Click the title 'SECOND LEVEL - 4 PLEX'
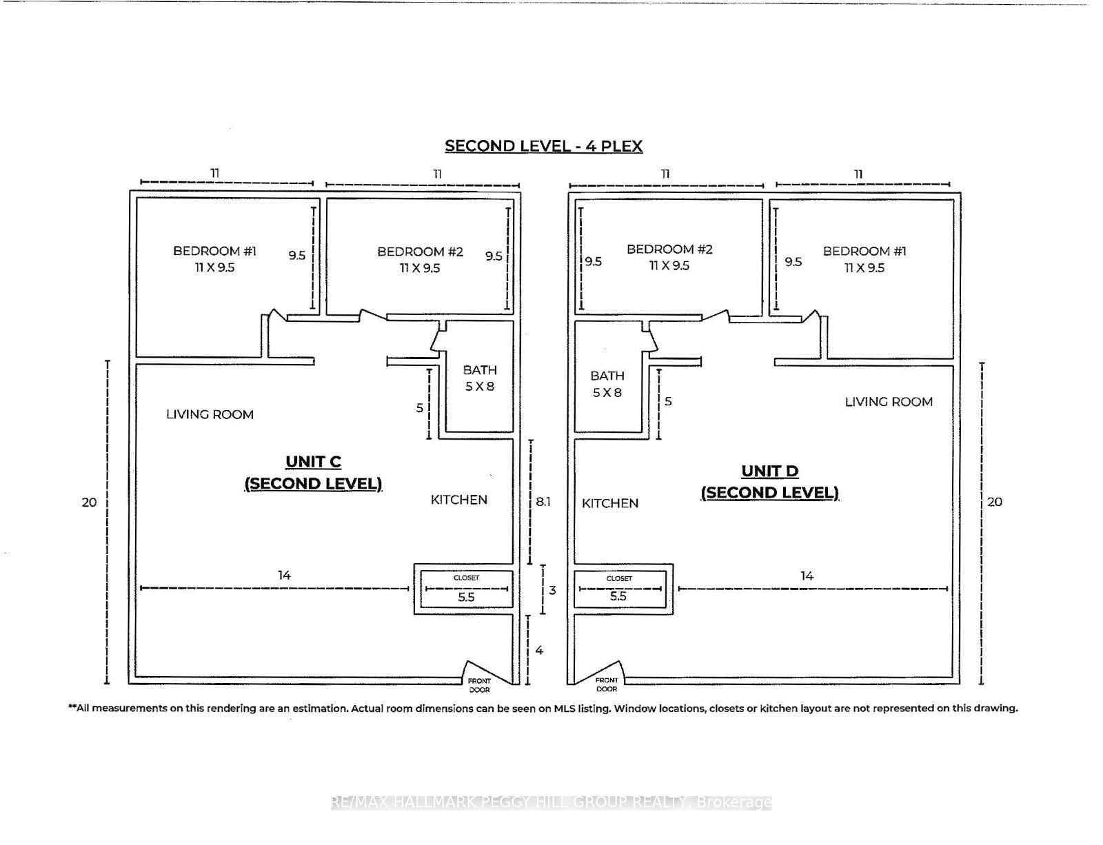pos(543,146)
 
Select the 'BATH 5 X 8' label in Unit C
pos(480,378)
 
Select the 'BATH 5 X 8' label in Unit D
pos(607,384)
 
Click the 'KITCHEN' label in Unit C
pos(459,500)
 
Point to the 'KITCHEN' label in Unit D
pos(610,503)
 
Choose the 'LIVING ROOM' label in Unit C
pos(210,414)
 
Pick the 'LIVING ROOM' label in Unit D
pos(889,402)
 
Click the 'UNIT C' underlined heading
pos(313,462)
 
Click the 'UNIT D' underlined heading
pos(769,471)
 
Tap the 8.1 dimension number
pos(543,502)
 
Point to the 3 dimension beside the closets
pos(552,590)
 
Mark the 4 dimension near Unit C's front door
pos(539,650)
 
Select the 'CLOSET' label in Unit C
pos(466,578)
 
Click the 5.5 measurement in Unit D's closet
pos(618,596)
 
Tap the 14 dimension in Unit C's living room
pos(284,575)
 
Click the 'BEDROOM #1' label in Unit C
pos(214,251)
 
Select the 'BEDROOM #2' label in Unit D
pos(669,249)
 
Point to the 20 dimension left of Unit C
pos(89,502)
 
